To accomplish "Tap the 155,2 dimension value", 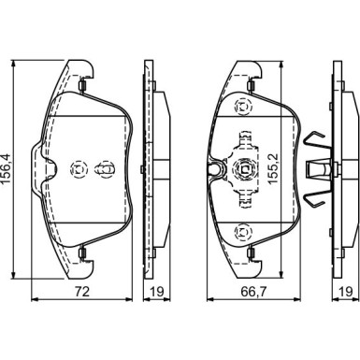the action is tap(273, 169).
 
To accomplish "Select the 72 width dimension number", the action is tap(82, 292).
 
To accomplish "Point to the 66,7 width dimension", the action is tap(254, 292).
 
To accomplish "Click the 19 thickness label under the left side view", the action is tap(157, 292).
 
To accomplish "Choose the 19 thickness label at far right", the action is tap(346, 292).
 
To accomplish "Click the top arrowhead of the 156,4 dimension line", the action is tap(13, 64).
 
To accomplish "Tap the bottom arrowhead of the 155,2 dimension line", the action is tap(281, 275).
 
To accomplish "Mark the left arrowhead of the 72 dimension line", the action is tap(35, 299).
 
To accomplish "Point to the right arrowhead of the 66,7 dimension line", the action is tap(297, 299).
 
